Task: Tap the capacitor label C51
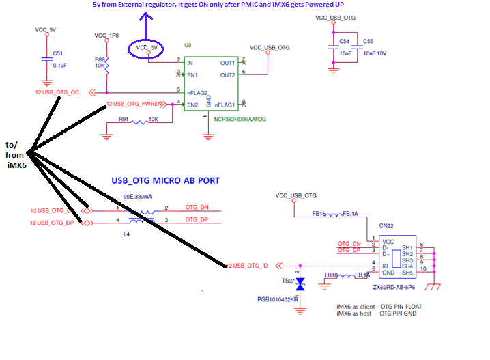[57, 53]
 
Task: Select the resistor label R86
[100, 59]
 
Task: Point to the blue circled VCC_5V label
[146, 49]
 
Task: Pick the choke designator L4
[127, 234]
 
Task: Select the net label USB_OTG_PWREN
[136, 105]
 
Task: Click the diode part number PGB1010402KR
[278, 299]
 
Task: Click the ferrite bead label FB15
[319, 213]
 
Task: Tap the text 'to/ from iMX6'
[14, 155]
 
